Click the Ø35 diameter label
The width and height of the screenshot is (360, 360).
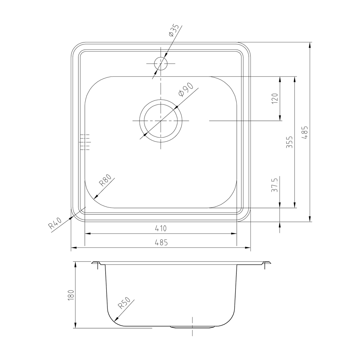(x=174, y=30)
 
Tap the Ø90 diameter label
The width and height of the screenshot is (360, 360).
(x=186, y=90)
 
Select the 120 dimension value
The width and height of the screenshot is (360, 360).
(x=275, y=98)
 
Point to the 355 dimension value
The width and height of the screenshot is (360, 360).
(x=289, y=142)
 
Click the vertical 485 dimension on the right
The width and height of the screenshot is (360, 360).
(x=304, y=132)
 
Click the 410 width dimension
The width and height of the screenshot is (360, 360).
(x=161, y=228)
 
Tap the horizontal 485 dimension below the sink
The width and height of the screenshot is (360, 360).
(x=161, y=242)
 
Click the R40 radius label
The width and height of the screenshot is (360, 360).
(x=55, y=223)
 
